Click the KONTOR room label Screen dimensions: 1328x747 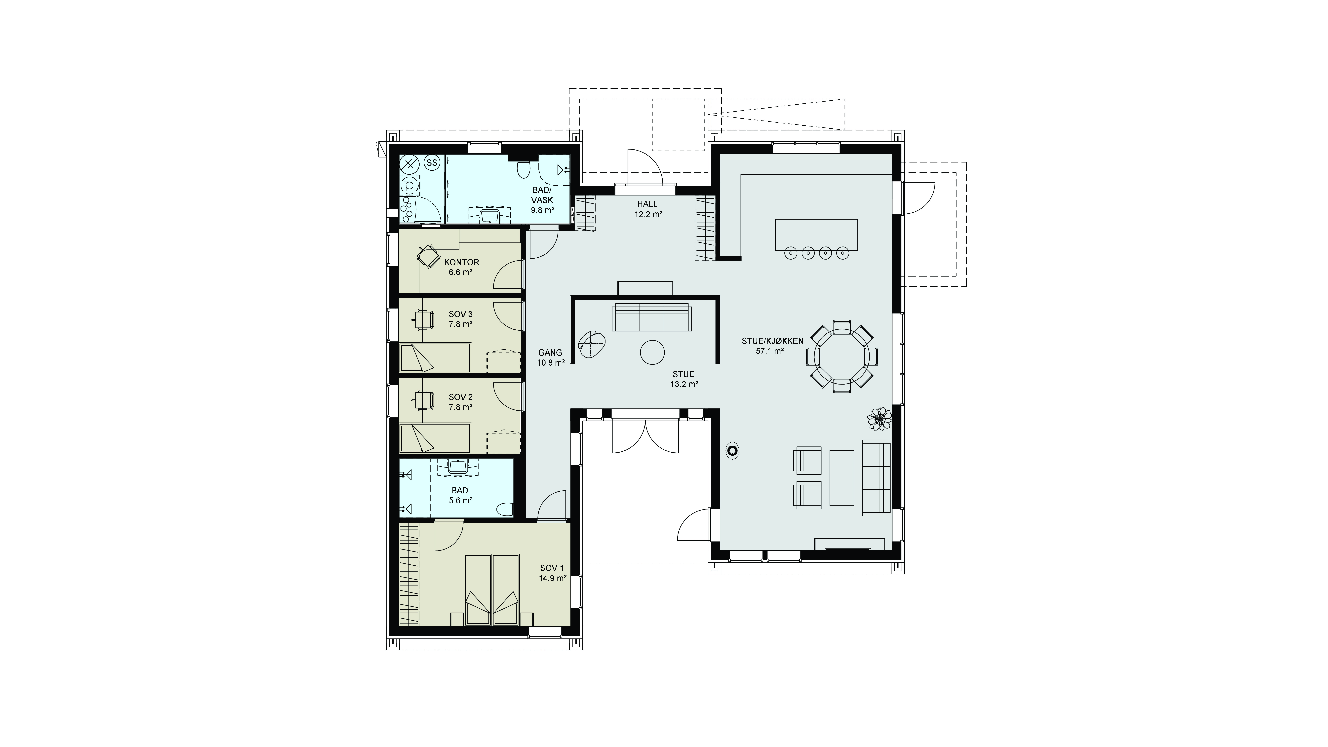click(461, 262)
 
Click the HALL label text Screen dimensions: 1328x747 click(647, 204)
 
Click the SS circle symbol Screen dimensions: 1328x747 click(432, 163)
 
